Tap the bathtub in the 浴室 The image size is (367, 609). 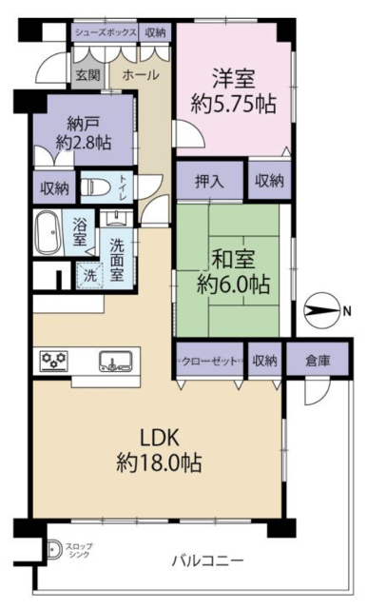tap(48, 232)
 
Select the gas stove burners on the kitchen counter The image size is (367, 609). tap(54, 360)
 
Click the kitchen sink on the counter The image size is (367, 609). tap(115, 362)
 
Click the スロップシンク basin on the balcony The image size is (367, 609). tap(53, 550)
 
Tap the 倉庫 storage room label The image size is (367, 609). tap(318, 361)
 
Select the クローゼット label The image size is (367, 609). tap(209, 362)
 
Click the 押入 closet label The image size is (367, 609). tap(209, 181)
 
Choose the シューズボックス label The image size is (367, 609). tap(106, 32)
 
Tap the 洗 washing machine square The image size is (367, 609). tap(90, 276)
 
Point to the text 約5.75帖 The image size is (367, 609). tap(234, 104)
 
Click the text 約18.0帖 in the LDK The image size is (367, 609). tap(159, 462)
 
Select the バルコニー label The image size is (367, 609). tap(208, 560)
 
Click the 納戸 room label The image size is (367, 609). tap(84, 123)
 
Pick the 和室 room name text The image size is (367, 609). tap(233, 260)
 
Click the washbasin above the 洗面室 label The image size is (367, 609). tap(115, 220)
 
